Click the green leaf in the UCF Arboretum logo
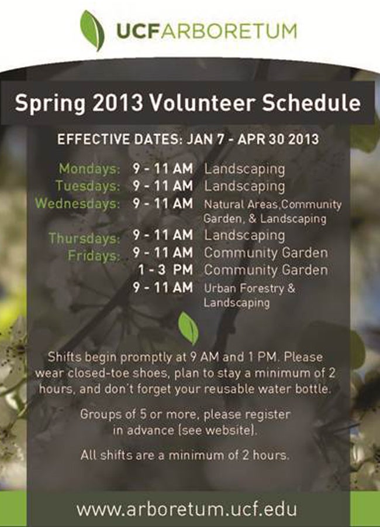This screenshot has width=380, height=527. coord(92,30)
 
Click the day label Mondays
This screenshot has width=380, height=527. coord(89,169)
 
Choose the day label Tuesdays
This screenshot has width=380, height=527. coord(88,186)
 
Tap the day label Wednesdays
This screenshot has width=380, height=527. coord(78,204)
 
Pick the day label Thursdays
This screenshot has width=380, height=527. coord(84,238)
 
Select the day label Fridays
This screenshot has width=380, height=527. coord(94,255)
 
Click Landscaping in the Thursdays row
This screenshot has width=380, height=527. coord(244,235)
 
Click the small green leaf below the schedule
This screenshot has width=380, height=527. coord(188,327)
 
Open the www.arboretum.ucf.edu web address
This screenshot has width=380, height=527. coord(186,509)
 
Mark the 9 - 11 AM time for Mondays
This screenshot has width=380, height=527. coord(163,169)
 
